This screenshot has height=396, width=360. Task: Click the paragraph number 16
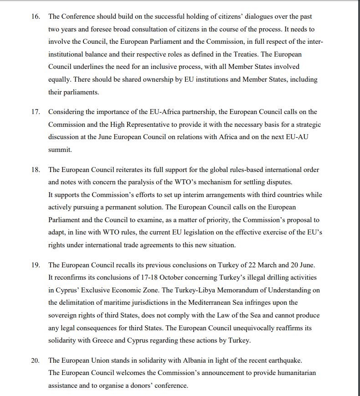pyautogui.click(x=36, y=16)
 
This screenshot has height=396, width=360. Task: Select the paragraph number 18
pyautogui.click(x=36, y=170)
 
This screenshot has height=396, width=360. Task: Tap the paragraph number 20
pyautogui.click(x=36, y=360)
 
